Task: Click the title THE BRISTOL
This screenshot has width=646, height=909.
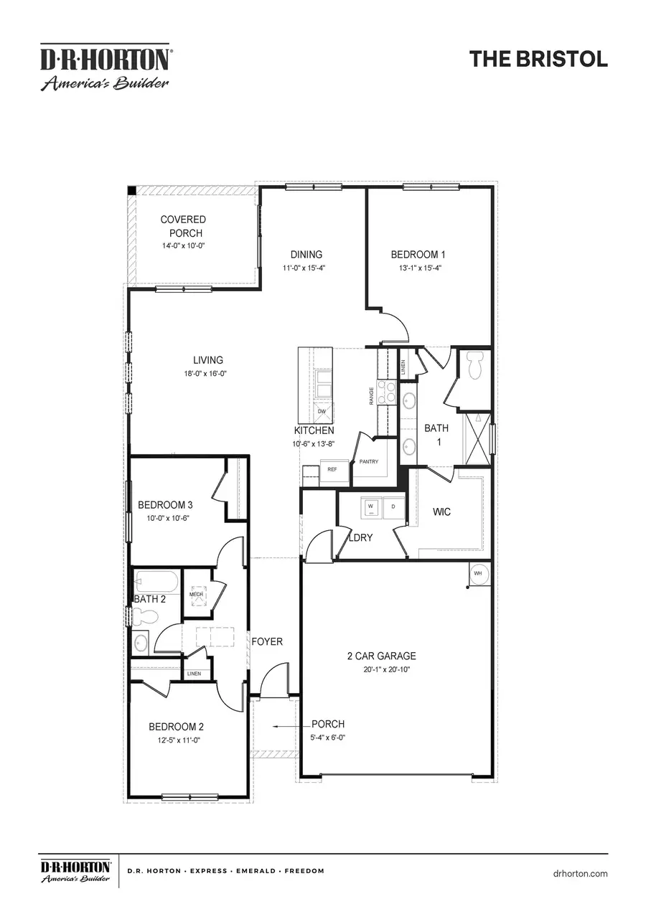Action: tap(538, 59)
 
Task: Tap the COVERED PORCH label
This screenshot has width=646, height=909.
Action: tap(183, 226)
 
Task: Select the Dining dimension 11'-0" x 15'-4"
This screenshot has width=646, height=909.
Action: tap(306, 268)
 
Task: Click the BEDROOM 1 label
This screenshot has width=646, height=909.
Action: tap(418, 254)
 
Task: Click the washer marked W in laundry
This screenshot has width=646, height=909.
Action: tap(371, 507)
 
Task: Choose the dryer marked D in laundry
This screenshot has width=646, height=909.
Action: tap(393, 507)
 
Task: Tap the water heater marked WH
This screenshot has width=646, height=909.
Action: tap(478, 574)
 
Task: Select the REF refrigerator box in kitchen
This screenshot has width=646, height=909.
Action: tap(332, 469)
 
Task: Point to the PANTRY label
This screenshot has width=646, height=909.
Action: tap(369, 461)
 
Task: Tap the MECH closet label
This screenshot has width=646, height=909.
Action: tap(197, 595)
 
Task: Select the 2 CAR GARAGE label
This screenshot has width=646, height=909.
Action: tap(381, 656)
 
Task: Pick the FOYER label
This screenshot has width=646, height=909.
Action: tap(267, 641)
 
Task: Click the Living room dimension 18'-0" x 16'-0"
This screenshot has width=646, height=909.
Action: tap(208, 373)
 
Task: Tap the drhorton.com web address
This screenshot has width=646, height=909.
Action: tap(581, 873)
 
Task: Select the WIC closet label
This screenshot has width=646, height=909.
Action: tap(441, 512)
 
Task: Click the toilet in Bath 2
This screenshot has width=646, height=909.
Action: tap(146, 616)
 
